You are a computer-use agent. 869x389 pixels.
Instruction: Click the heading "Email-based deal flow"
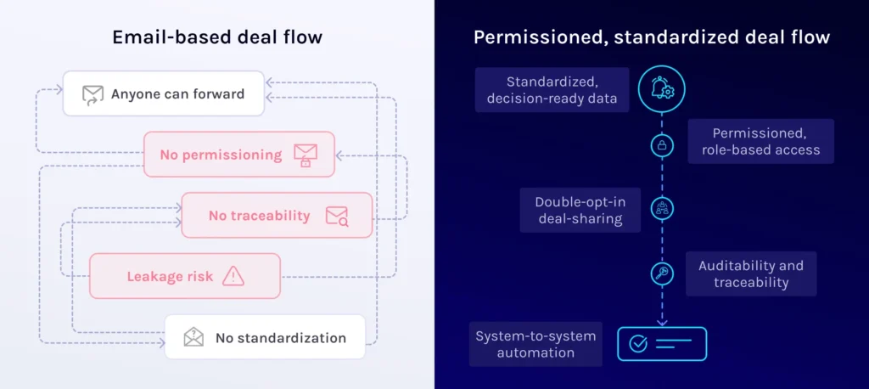(x=217, y=37)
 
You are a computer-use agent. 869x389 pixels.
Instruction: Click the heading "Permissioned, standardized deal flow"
(x=651, y=37)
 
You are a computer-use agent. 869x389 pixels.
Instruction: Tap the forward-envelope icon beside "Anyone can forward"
(x=92, y=94)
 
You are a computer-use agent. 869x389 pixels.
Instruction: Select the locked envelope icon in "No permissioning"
(x=305, y=155)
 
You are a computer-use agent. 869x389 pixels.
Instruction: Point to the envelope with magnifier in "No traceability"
(x=337, y=216)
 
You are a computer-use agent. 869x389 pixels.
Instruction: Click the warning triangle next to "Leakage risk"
(x=233, y=276)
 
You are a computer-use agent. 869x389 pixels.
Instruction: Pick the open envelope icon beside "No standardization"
(x=193, y=337)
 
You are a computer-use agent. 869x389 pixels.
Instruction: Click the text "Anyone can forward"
(x=177, y=94)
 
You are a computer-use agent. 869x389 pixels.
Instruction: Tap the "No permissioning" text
(x=221, y=155)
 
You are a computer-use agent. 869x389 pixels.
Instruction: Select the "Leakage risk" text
(x=170, y=276)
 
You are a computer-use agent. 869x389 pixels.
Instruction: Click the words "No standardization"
(x=280, y=337)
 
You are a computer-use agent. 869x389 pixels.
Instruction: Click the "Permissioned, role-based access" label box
(x=760, y=141)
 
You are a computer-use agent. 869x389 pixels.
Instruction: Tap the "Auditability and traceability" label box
(x=750, y=273)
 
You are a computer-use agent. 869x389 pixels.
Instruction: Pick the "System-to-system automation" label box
(x=535, y=344)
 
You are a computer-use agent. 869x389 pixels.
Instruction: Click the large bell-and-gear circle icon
(x=661, y=89)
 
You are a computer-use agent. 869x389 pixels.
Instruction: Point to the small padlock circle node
(x=661, y=145)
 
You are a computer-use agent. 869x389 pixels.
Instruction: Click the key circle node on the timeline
(x=661, y=273)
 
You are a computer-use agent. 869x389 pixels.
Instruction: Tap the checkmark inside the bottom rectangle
(x=638, y=344)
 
